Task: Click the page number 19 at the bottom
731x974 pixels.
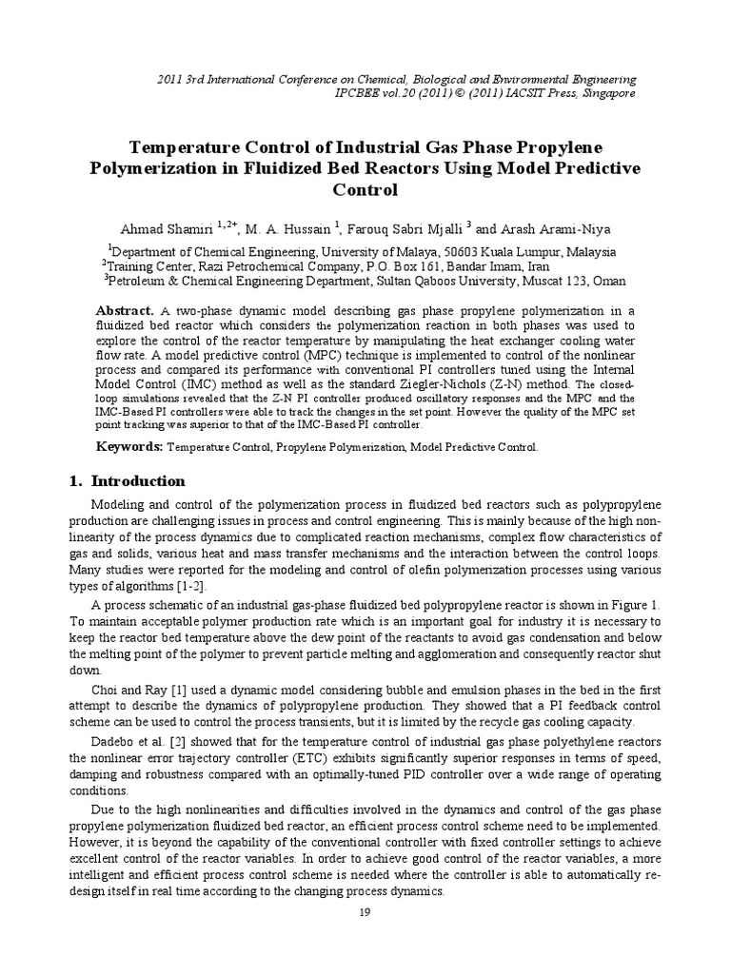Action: coord(365,940)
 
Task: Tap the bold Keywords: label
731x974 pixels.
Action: coord(131,446)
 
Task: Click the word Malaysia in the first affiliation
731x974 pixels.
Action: coord(588,252)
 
